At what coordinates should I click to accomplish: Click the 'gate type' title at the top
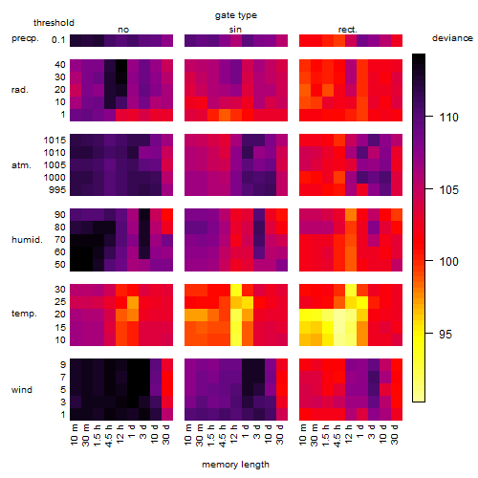coord(236,15)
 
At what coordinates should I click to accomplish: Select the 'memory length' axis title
coord(235,465)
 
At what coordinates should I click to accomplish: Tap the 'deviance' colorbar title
coord(452,38)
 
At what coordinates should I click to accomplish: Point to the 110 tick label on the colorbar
coord(448,118)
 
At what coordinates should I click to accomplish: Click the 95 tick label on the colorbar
coord(445,334)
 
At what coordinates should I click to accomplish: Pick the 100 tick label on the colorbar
coord(448,262)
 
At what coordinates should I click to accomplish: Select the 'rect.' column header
coord(348,30)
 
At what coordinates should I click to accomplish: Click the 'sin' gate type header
coord(235,30)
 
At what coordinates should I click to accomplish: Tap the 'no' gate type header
coord(123,30)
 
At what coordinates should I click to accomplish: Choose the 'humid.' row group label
coord(27,240)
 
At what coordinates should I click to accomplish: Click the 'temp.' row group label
coord(24,314)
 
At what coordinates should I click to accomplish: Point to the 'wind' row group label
coord(22,390)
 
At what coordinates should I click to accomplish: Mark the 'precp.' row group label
coord(25,38)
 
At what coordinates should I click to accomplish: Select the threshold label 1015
coord(54,141)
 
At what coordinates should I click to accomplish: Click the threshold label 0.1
coord(58,40)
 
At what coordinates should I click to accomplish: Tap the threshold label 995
coord(57,190)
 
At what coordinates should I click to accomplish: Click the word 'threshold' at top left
coord(54,23)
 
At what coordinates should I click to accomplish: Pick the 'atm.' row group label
coord(21,165)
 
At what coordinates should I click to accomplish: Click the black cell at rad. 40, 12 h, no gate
coord(121,65)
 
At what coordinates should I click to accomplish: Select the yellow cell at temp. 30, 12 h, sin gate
coord(236,290)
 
